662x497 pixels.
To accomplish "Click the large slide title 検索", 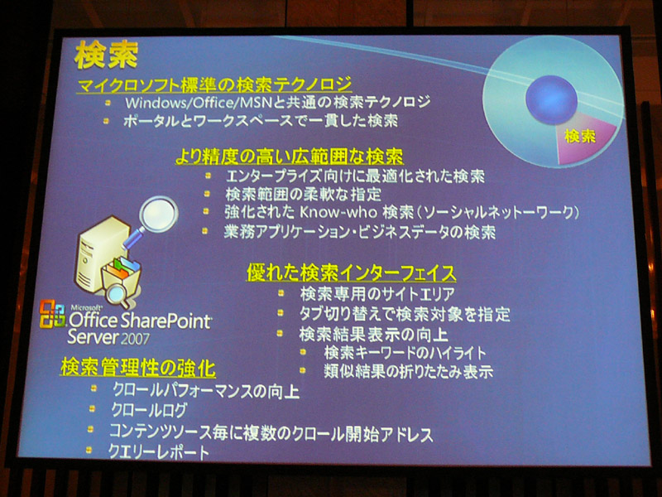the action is coord(107,55).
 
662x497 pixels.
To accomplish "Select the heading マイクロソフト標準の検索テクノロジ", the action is coord(214,84).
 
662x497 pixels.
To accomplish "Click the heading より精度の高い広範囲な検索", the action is coord(289,157).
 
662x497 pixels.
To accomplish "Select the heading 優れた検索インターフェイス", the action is coord(351,273).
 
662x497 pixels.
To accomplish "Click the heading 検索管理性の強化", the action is coord(138,367).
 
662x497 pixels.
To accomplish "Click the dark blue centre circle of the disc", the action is coord(551,99).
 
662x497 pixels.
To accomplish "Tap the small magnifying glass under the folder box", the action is coord(118,295).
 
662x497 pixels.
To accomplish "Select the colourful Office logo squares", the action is coord(52,314).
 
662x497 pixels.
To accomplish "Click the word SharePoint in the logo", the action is coord(165,322).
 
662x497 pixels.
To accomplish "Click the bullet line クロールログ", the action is coord(149,409).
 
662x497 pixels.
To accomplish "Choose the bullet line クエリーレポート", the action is coord(159,451).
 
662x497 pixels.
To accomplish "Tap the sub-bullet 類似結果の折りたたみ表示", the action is coord(408,371).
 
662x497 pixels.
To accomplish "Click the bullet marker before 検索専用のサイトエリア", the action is coord(281,292).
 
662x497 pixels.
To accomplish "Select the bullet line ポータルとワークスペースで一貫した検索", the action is coord(261,121).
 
